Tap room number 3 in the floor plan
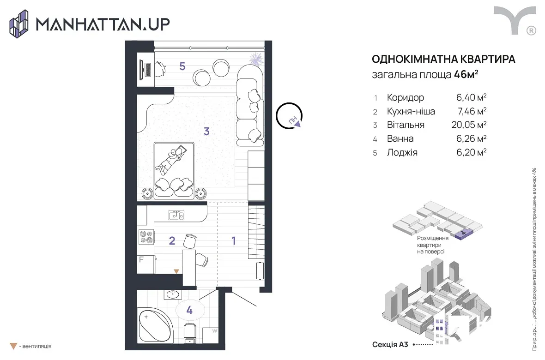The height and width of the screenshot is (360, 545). coord(206,132)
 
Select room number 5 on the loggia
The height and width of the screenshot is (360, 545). coord(182,66)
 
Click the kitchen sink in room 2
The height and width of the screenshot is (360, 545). coord(176,215)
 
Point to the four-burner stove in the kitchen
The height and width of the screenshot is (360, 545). coord(146,237)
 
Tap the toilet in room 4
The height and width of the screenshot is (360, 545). coord(189,334)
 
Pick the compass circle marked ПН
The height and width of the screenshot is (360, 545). coord(290,115)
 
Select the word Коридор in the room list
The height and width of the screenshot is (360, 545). coord(405,98)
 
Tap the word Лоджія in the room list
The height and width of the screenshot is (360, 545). coord(402,152)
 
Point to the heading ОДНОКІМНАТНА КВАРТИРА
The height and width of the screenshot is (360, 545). coord(443,60)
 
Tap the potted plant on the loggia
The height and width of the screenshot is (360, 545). coord(256,59)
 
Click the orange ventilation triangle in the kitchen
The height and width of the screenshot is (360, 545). coord(176,271)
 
